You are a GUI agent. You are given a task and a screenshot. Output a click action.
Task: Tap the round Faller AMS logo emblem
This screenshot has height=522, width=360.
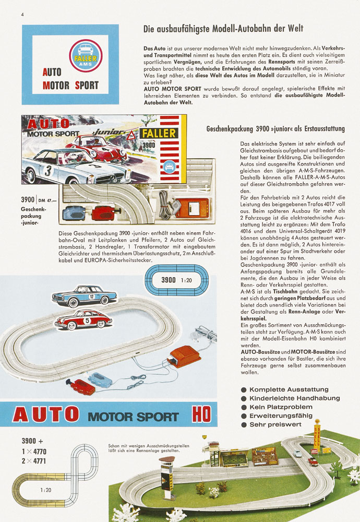(86, 55)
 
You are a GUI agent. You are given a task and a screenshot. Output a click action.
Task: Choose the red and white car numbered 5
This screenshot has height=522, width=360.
(83, 318)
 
